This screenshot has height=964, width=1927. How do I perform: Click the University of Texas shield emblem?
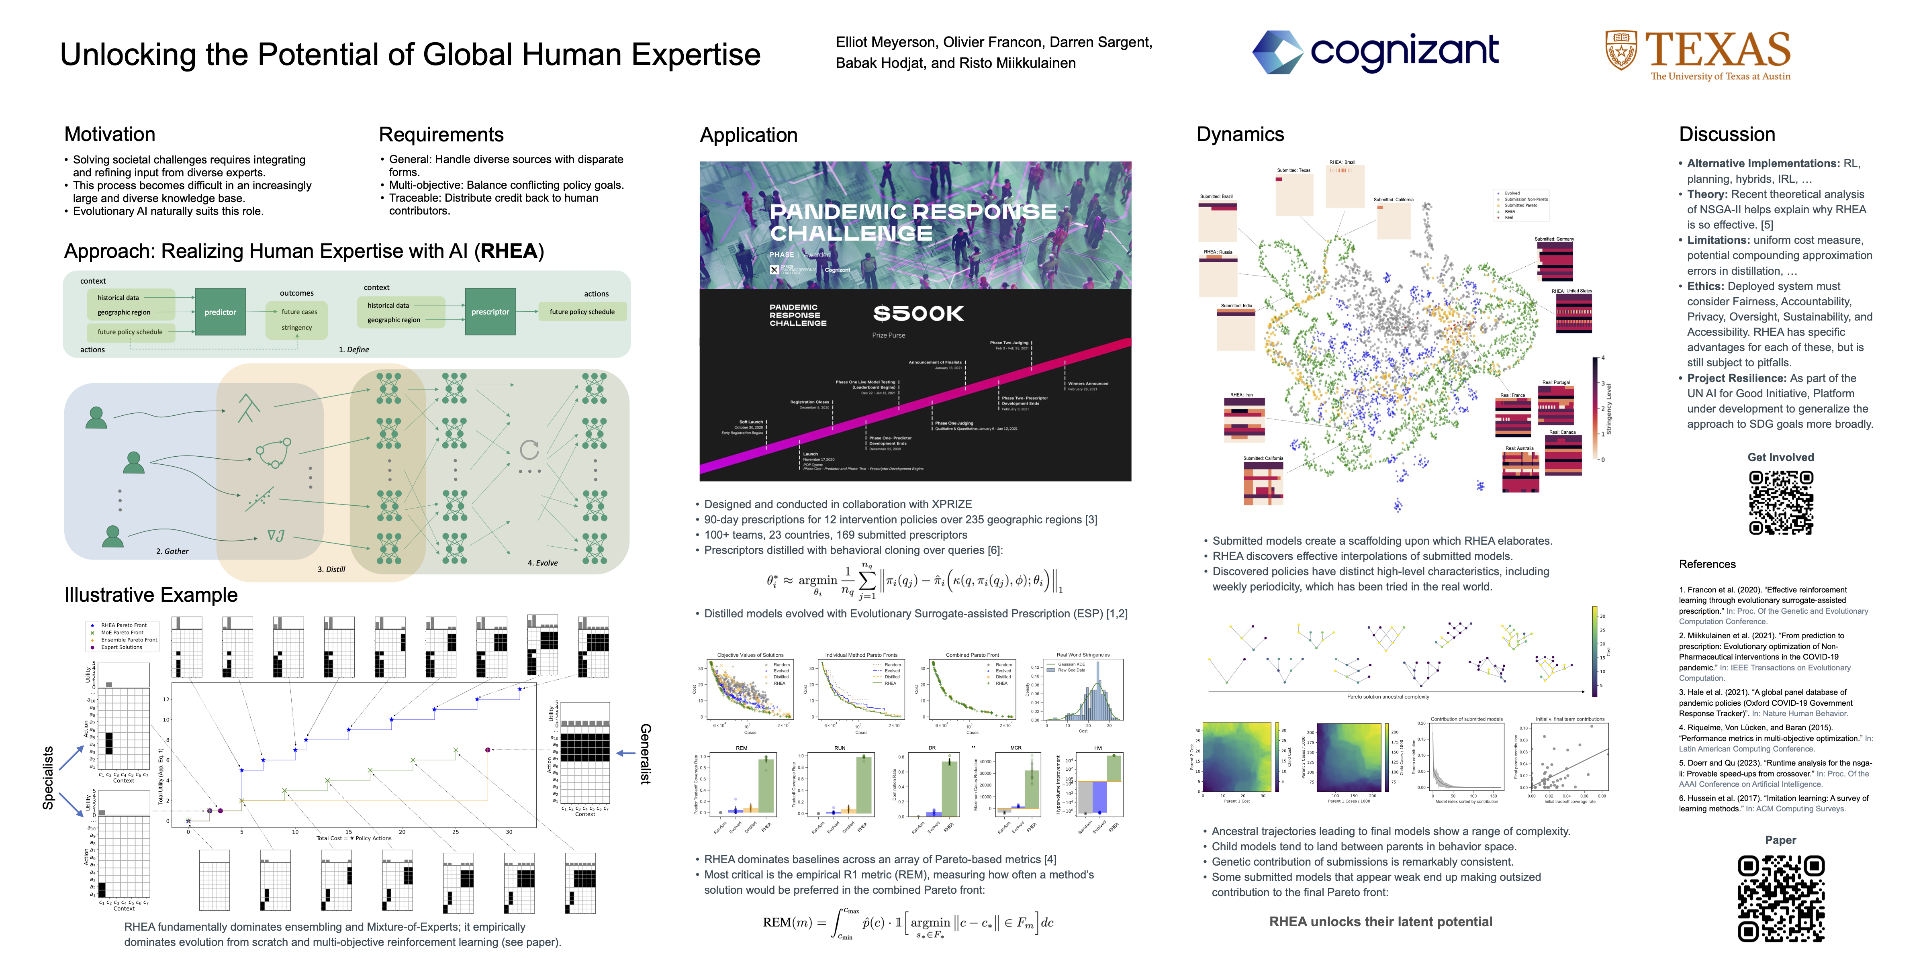coord(1620,51)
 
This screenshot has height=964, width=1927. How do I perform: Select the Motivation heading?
coord(110,135)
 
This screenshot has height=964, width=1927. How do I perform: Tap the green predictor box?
coord(220,312)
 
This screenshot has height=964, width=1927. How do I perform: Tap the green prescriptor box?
coord(490,312)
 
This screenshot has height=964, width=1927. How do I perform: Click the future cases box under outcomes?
coord(298,312)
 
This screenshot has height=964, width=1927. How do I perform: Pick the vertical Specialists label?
coord(48,778)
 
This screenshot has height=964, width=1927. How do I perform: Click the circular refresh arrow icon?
coord(529,449)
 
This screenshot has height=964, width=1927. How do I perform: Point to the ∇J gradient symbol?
coord(275,535)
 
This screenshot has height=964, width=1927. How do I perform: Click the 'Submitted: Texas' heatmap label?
coord(1294,171)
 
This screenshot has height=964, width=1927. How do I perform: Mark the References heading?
coord(1707,564)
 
